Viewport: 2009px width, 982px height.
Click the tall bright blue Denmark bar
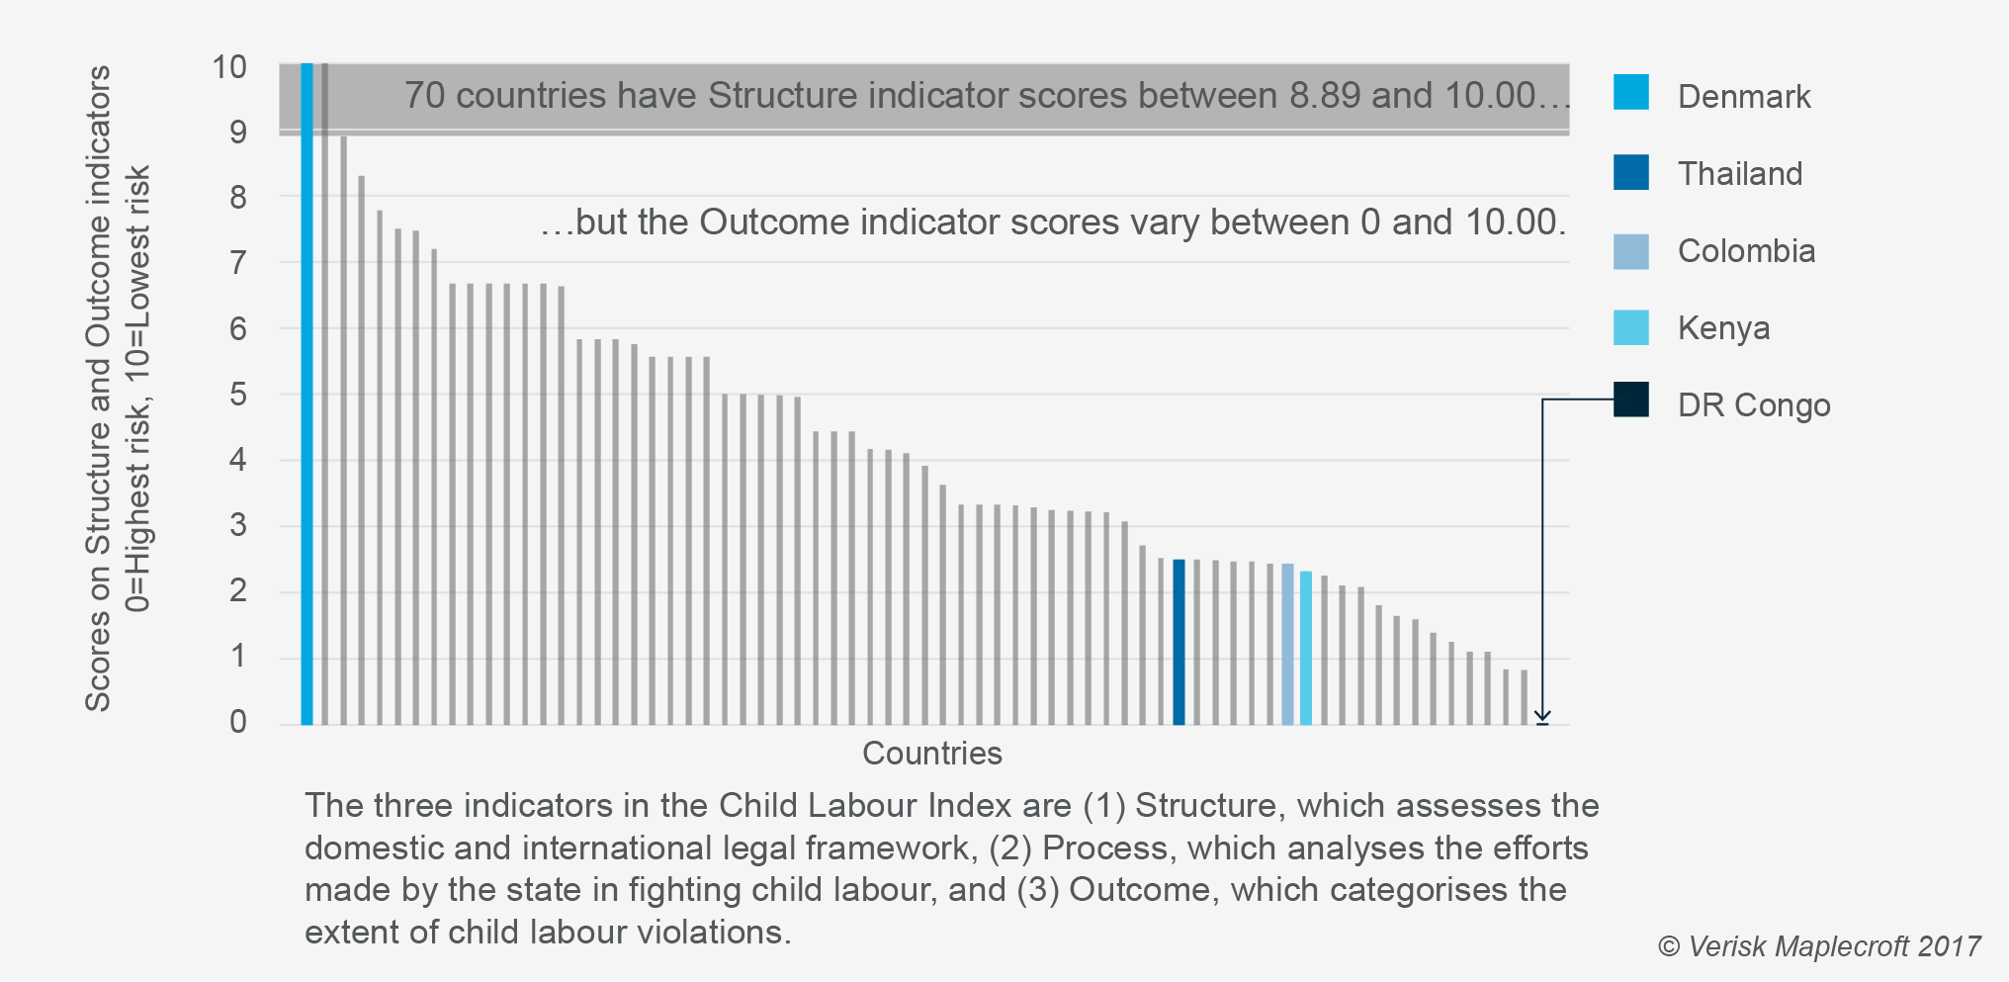click(306, 396)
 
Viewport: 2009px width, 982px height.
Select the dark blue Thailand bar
click(1179, 643)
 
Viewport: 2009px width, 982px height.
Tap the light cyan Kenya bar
click(1306, 648)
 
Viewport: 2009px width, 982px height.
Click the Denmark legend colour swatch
click(1630, 92)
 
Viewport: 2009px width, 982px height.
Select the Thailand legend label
click(1740, 174)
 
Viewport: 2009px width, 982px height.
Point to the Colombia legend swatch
click(1630, 251)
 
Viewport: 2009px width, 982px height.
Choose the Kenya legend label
click(1723, 328)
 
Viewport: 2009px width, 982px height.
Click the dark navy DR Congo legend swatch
click(1630, 400)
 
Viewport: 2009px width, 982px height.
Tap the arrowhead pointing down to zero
click(1542, 716)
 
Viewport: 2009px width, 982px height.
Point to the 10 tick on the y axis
click(229, 67)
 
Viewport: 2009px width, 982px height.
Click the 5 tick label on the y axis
click(237, 395)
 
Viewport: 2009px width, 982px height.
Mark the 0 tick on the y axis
click(237, 722)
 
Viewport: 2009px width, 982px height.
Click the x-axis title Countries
click(932, 754)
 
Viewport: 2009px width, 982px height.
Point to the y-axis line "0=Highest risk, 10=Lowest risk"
click(138, 389)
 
